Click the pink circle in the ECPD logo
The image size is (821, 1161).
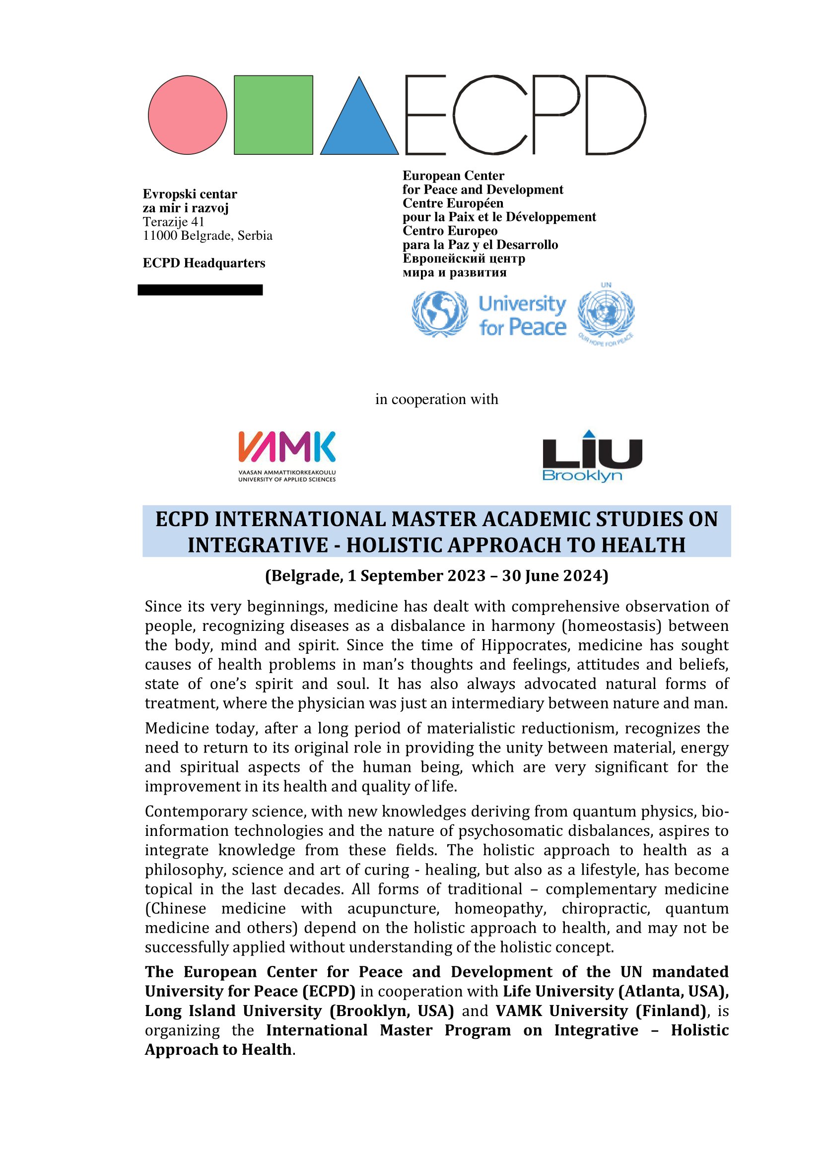(x=188, y=115)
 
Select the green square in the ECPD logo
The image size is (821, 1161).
(x=274, y=115)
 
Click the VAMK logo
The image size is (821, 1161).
(x=286, y=456)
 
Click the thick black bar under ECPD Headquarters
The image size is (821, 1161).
(x=200, y=290)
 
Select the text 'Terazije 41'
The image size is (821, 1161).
(x=173, y=222)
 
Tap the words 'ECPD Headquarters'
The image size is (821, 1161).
(x=204, y=263)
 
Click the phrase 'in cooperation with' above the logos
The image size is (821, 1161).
(x=436, y=400)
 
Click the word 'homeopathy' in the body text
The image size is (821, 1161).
(x=500, y=909)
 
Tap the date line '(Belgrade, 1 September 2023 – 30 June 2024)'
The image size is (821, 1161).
(x=436, y=576)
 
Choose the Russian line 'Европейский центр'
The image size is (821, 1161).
(x=464, y=259)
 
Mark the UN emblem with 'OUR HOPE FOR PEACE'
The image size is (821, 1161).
(x=606, y=315)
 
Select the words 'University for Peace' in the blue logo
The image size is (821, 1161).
(x=522, y=316)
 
